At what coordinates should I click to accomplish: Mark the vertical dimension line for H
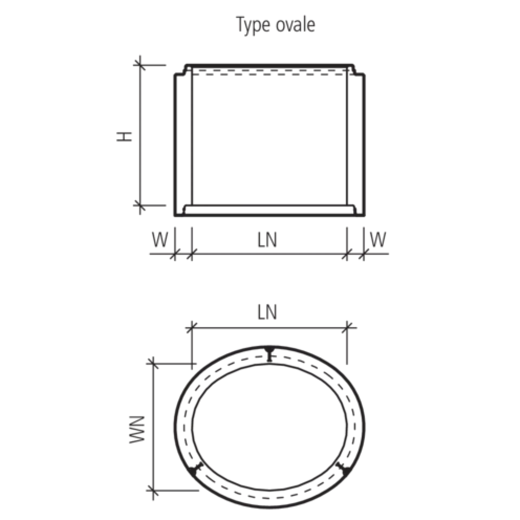(x=140, y=135)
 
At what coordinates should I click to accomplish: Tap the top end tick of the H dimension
(x=140, y=65)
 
